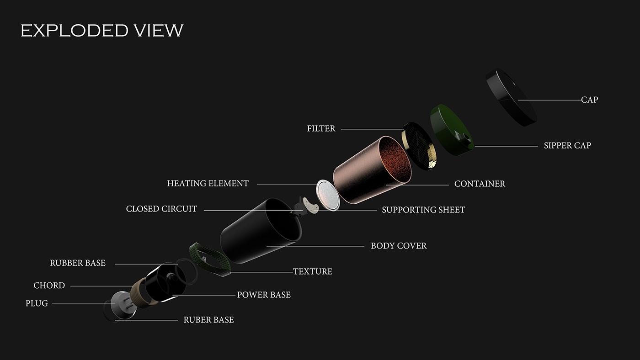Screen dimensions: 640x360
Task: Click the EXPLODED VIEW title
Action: (102, 31)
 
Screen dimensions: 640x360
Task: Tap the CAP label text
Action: (589, 100)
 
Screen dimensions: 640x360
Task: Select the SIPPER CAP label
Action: (567, 146)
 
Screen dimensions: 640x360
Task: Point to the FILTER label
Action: (321, 129)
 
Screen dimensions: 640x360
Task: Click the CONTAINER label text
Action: (480, 184)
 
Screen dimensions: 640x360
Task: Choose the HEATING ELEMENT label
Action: (208, 184)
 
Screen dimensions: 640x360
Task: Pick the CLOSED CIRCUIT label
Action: (161, 209)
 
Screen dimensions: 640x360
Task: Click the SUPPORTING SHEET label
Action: (423, 210)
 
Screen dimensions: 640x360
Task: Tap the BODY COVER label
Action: (399, 246)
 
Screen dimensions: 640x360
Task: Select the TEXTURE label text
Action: (313, 272)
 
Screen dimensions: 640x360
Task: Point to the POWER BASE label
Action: (264, 295)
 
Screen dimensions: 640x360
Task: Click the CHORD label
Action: (49, 286)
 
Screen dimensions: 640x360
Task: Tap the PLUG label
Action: (37, 303)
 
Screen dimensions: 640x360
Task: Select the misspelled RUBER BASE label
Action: (208, 320)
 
